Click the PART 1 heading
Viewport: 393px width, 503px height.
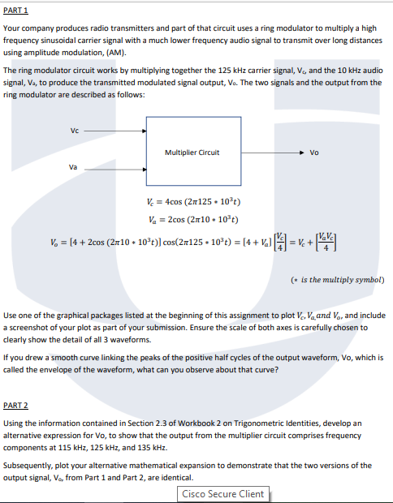16,9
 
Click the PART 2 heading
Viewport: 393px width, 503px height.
16,404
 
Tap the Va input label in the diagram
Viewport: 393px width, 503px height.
75,168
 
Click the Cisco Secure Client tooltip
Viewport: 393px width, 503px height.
223,493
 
